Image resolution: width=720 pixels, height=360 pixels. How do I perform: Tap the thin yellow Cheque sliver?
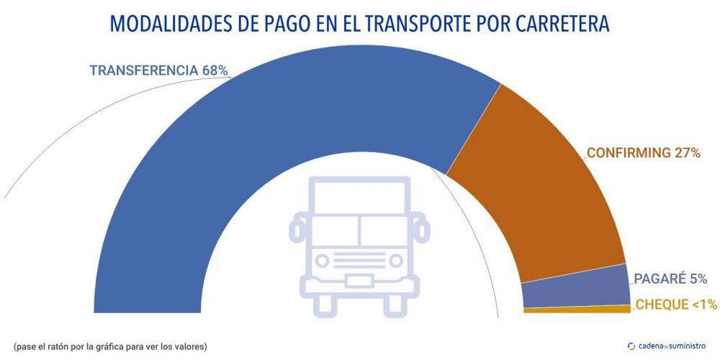pyautogui.click(x=576, y=310)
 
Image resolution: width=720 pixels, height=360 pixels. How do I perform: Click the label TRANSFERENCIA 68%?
pyautogui.click(x=158, y=71)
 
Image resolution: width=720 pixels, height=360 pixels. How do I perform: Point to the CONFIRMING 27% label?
pyautogui.click(x=643, y=153)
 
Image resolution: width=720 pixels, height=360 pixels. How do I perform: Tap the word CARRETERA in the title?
pyautogui.click(x=563, y=24)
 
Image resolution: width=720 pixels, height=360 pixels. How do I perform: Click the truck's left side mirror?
pyautogui.click(x=296, y=229)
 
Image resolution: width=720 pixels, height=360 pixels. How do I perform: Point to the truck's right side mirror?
pyautogui.click(x=423, y=229)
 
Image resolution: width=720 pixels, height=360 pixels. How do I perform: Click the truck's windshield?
pyautogui.click(x=359, y=230)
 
